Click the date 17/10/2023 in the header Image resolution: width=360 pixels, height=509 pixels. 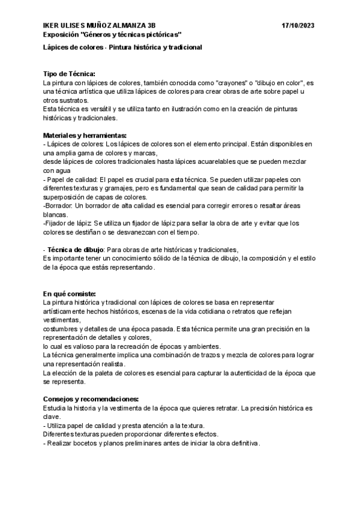click(x=298, y=26)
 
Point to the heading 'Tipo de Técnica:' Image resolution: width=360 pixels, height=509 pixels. click(x=70, y=73)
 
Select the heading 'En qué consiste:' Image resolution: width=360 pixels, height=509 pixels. click(x=70, y=294)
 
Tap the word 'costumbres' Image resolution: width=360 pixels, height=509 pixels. click(x=62, y=329)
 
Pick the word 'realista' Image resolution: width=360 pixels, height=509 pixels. click(x=111, y=364)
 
